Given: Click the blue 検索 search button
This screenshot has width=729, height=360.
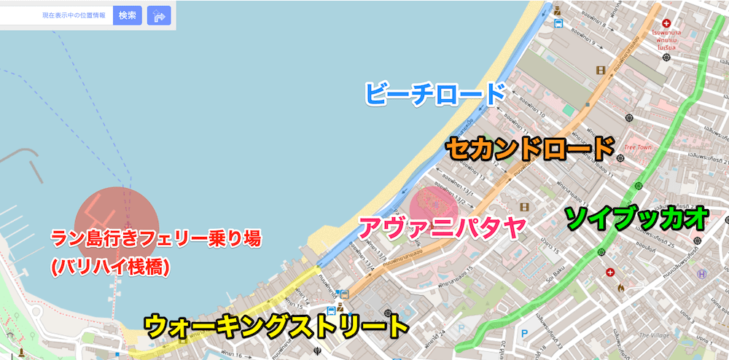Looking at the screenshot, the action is point(127,15).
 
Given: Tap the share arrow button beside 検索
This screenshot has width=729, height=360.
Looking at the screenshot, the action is point(159,15).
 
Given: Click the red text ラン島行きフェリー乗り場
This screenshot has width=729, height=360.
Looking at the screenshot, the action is point(155,238).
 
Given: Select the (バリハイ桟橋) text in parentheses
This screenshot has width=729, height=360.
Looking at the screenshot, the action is point(110,267).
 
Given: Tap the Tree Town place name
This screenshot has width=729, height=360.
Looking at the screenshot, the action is point(639,147).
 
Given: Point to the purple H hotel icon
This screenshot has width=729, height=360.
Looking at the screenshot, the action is point(702,274).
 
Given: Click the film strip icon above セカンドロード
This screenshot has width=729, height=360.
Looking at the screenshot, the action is point(600,70).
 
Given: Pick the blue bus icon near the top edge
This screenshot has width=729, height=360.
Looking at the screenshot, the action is point(558,23).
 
